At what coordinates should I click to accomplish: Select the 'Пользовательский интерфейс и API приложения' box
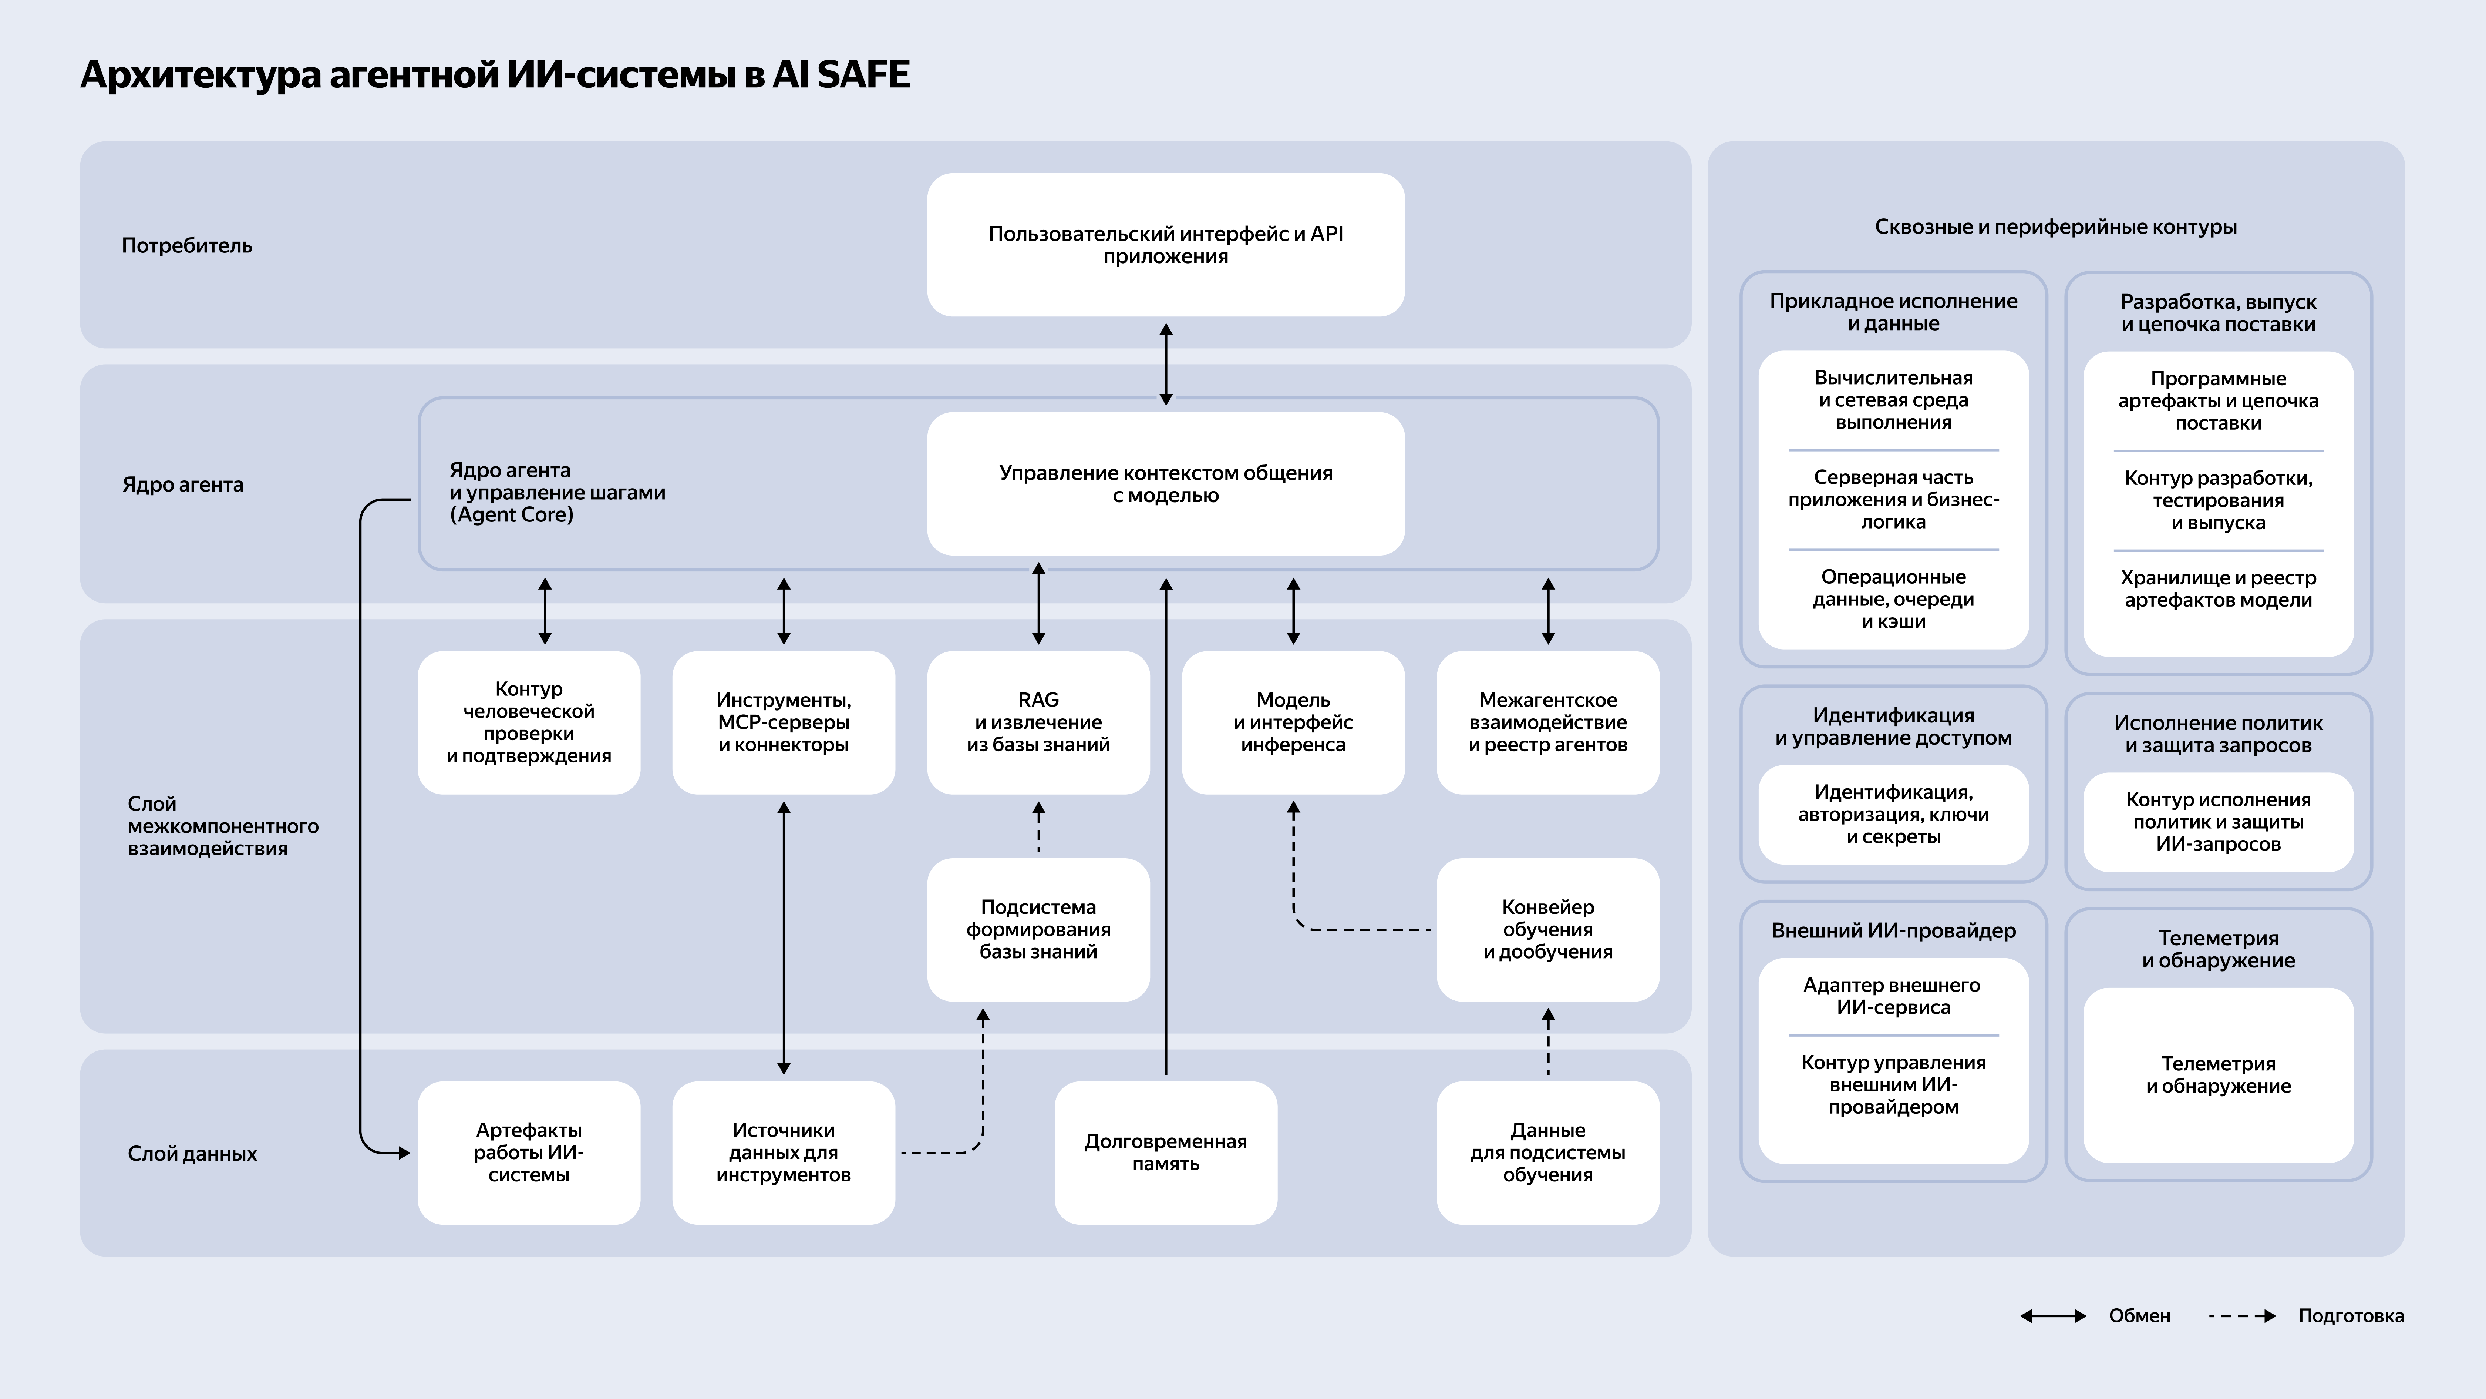pos(1166,244)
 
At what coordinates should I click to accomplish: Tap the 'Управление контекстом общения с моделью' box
pos(1166,484)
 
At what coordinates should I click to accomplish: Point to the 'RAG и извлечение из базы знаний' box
pos(1038,722)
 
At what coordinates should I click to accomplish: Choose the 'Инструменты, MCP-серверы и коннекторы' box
pos(784,722)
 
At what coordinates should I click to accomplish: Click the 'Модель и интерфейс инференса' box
pos(1293,722)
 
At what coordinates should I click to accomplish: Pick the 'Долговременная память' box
pos(1166,1153)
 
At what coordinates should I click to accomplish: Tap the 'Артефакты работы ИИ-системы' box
pos(529,1153)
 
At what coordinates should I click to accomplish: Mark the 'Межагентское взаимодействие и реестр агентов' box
pos(1548,722)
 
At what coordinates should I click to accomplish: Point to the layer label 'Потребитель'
pos(187,245)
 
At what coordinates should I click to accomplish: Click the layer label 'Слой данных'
pos(192,1154)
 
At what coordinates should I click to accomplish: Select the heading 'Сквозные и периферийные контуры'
pos(2056,227)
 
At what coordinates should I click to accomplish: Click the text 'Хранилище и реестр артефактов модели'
pos(2218,589)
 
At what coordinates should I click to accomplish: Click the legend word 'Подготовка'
pos(2351,1316)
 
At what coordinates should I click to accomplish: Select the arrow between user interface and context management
pos(1166,364)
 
